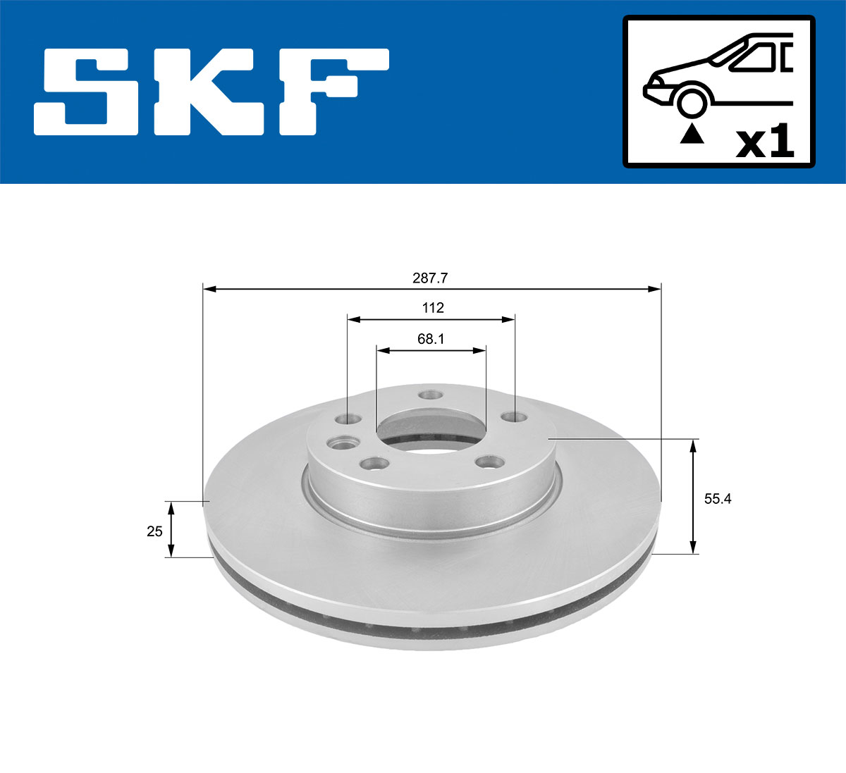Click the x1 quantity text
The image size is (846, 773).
764,143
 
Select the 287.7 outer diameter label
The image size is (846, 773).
430,278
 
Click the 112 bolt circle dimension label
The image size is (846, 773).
433,308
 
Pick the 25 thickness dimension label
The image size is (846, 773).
154,531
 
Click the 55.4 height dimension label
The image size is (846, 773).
718,499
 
